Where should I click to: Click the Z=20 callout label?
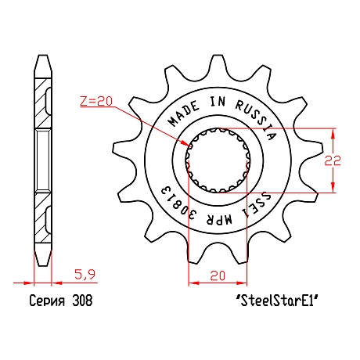pos(96,101)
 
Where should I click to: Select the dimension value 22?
pos(333,160)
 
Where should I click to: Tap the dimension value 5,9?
pos(85,275)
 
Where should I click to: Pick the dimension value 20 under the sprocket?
pos(218,275)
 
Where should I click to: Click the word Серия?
pos(47,301)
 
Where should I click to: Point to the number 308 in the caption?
pos(82,301)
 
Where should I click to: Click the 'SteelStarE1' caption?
pos(277,301)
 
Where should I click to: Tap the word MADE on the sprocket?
pos(183,114)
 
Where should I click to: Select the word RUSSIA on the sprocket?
pos(257,119)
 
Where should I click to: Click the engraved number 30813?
pos(178,203)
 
